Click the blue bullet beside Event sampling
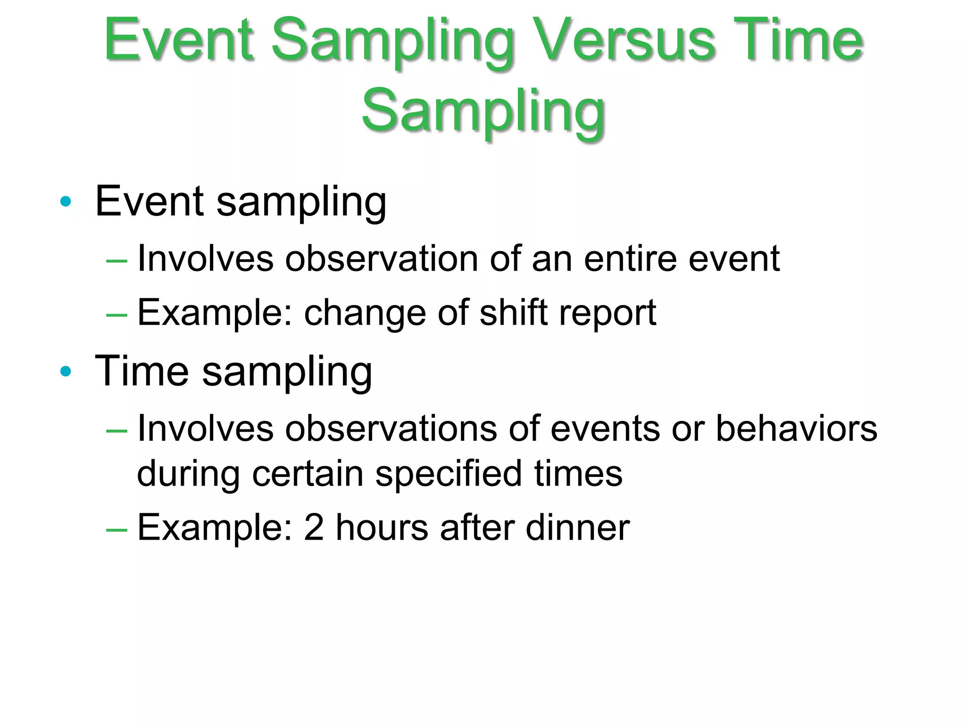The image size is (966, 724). click(x=66, y=202)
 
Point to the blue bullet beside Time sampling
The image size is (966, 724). click(x=66, y=371)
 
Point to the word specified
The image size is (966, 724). click(x=448, y=474)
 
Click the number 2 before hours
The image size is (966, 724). click(x=314, y=527)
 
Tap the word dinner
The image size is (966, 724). click(x=577, y=527)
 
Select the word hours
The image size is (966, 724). click(x=382, y=527)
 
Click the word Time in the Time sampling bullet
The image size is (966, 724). click(x=142, y=371)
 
